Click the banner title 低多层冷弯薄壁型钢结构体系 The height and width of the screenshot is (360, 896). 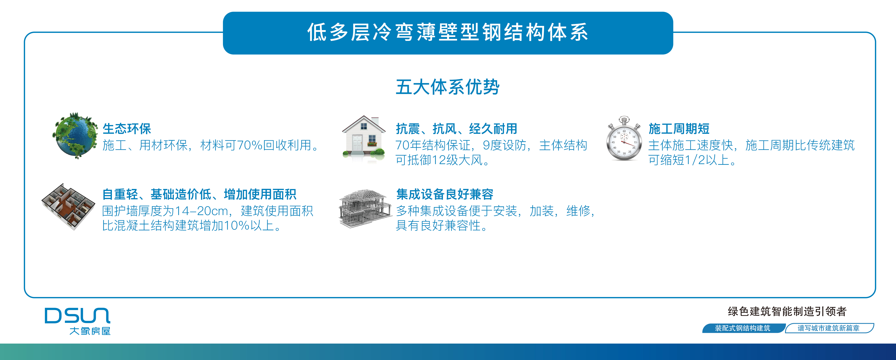click(448, 32)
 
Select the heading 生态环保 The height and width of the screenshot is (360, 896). click(127, 129)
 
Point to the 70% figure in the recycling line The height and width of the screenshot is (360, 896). click(249, 145)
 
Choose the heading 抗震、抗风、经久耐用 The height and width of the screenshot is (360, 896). click(456, 129)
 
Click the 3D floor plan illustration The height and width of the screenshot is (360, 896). click(68, 207)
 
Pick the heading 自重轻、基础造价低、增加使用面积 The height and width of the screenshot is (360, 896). click(199, 194)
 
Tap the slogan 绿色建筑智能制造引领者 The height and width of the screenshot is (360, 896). click(787, 311)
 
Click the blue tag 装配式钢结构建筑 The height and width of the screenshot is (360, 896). click(743, 328)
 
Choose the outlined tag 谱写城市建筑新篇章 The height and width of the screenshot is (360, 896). click(829, 328)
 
